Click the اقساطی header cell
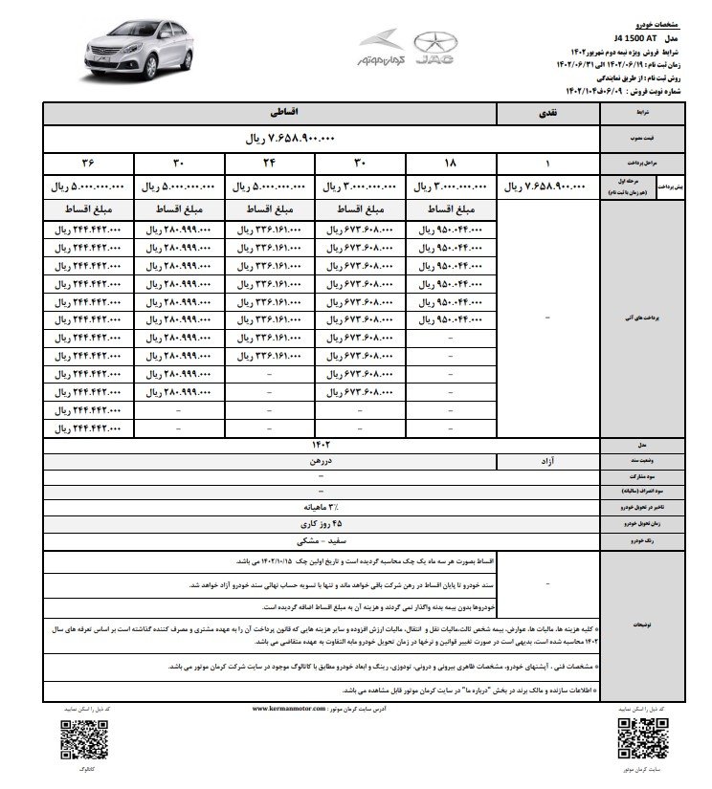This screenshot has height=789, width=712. (x=269, y=112)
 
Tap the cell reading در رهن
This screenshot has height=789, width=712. (x=269, y=461)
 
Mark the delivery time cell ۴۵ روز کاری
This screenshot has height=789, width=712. (x=316, y=525)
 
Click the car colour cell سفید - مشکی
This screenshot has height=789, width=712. (x=316, y=540)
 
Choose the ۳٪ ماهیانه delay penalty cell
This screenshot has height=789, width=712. (x=316, y=509)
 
